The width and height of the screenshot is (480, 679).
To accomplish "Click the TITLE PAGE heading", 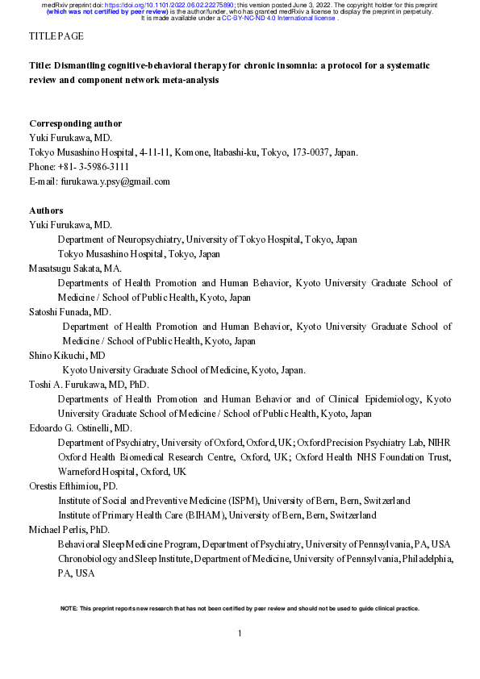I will point(56,37).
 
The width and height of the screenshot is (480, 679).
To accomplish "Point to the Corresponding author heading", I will point(75,123).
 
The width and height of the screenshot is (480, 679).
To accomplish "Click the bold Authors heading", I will point(46,210).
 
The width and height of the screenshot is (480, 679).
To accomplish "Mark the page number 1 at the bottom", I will point(240,634).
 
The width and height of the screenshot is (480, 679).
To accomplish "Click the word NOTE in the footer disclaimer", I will point(69,608).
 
